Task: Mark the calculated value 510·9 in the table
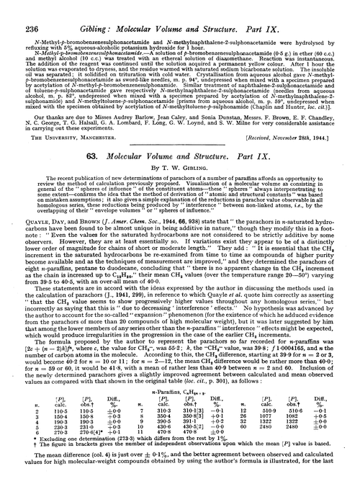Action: (304, 409)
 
